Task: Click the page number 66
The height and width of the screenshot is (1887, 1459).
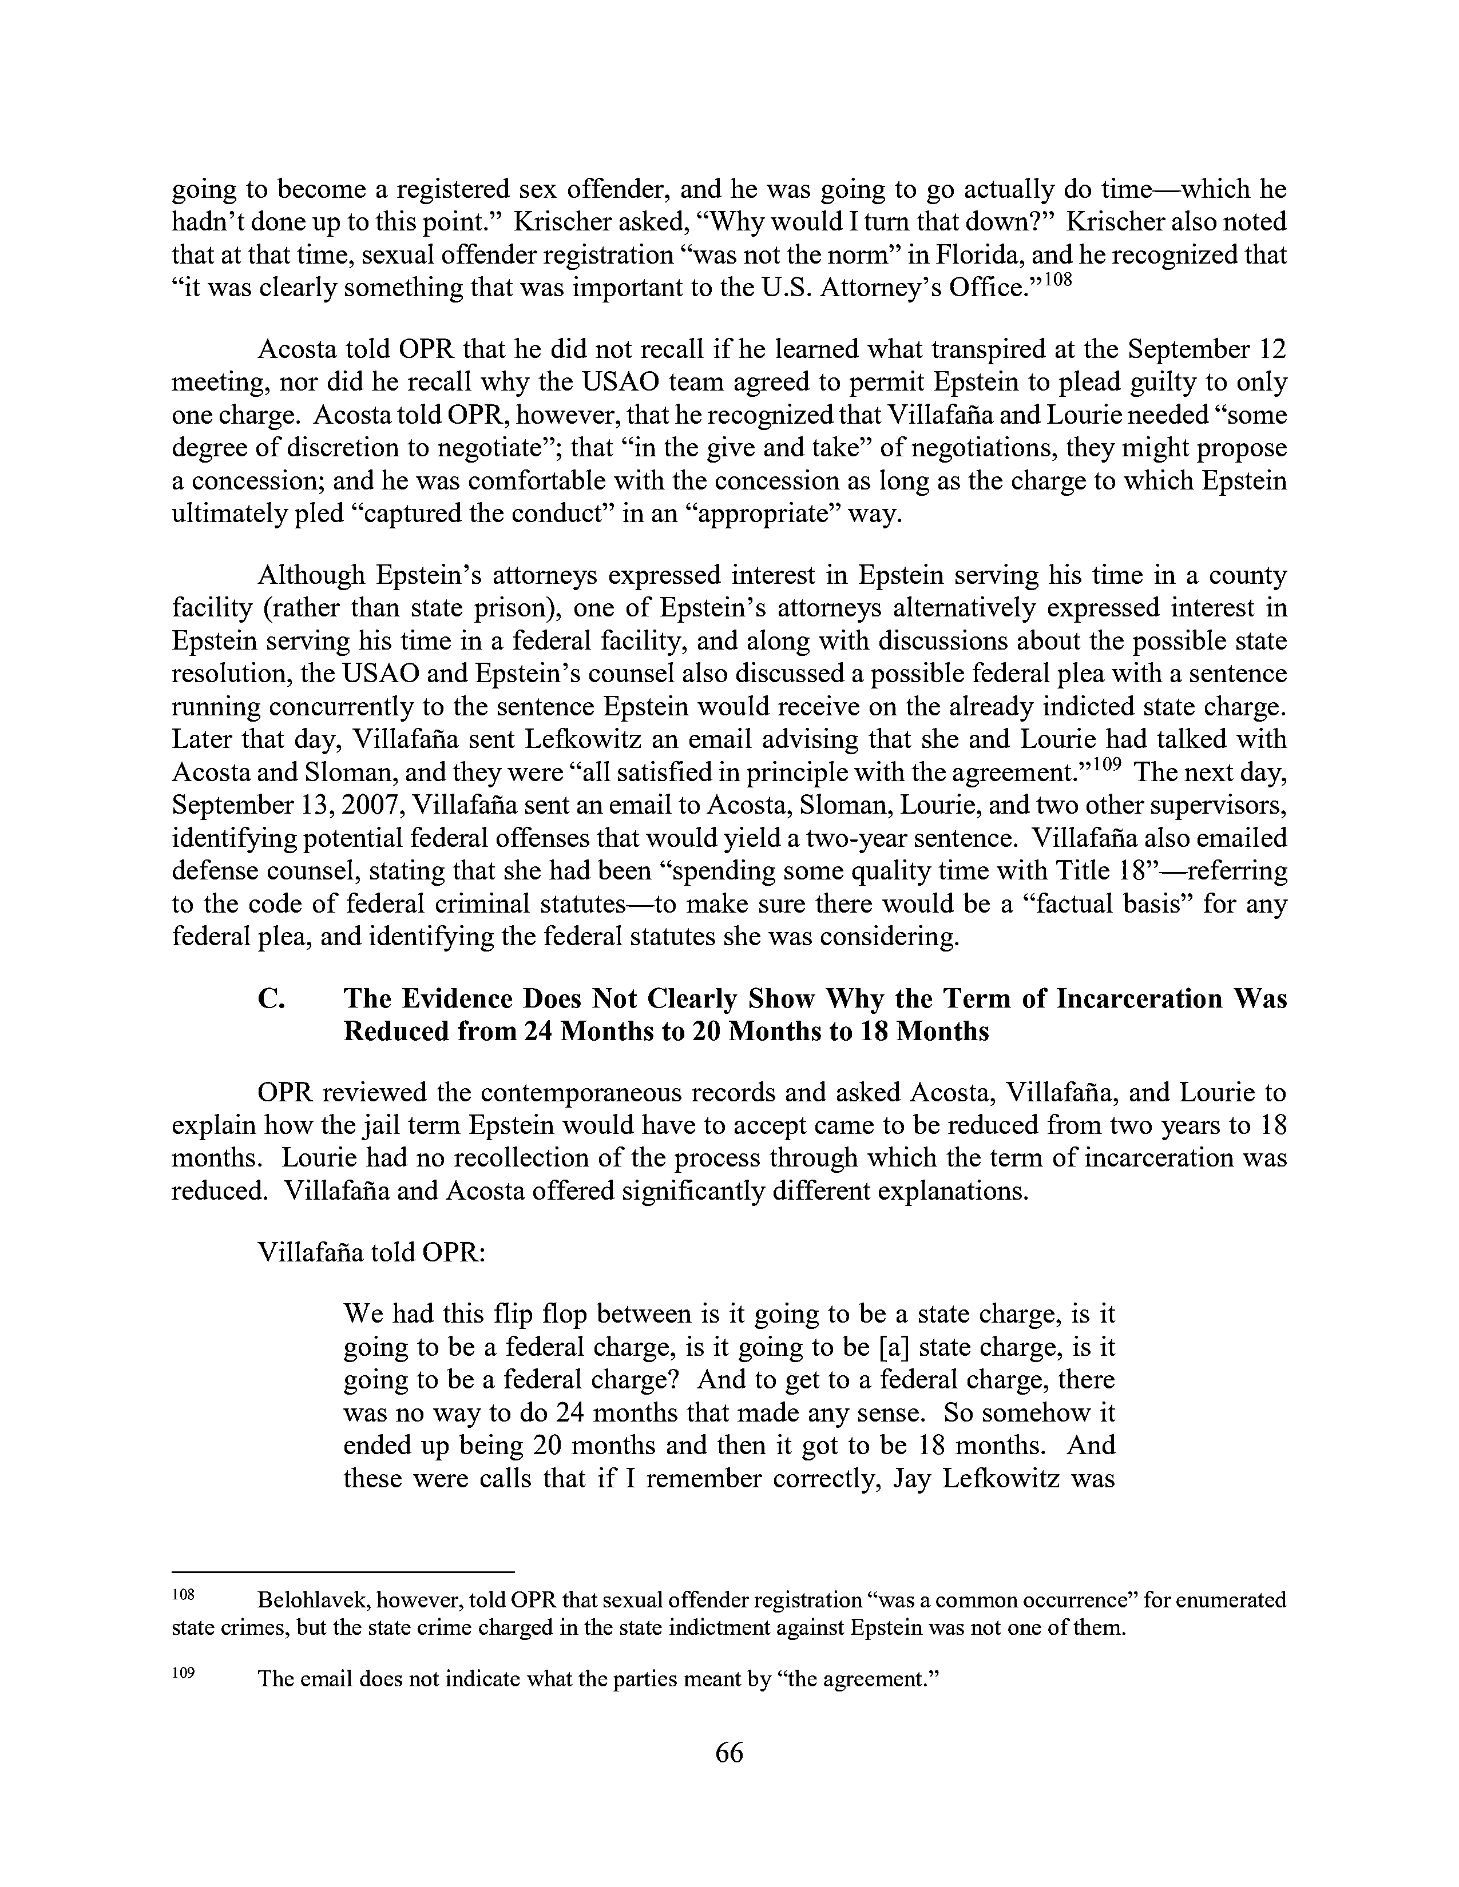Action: [x=728, y=1753]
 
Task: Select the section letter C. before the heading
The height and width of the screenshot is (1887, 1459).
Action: [x=271, y=999]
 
